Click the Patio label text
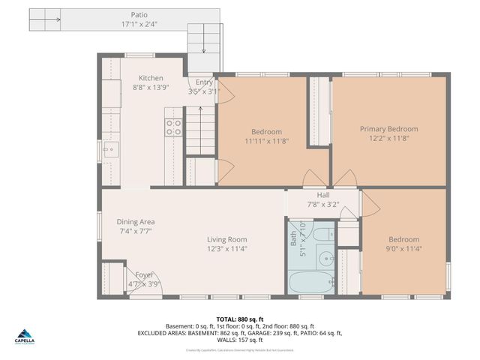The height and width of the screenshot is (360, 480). point(139,14)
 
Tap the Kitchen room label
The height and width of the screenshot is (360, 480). point(151,78)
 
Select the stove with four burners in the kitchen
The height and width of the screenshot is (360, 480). point(173,127)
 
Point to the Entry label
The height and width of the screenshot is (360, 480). point(204,82)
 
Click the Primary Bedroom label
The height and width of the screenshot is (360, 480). point(388,129)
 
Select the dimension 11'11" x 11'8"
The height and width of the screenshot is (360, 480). point(266,141)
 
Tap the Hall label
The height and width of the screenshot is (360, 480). point(323,195)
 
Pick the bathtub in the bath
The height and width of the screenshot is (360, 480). point(309,283)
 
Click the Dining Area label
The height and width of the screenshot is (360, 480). point(136,222)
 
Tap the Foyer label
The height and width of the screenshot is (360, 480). point(144,274)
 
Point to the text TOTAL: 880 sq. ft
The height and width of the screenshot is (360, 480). point(239,319)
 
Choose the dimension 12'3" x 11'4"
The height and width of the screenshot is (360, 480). point(227,249)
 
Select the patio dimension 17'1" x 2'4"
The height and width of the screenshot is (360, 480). point(139,24)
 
